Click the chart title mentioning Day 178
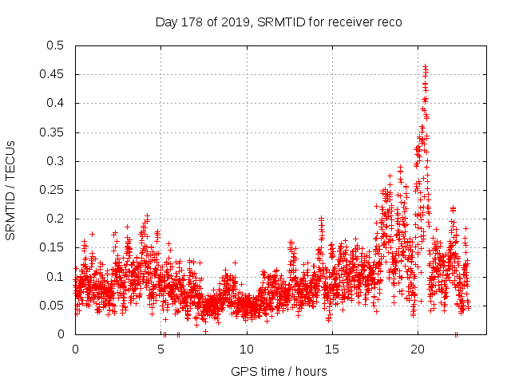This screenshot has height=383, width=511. [x=278, y=22]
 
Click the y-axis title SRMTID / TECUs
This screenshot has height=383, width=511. [x=11, y=190]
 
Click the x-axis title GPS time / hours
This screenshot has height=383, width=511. [x=278, y=371]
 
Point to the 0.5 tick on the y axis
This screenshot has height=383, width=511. [x=55, y=45]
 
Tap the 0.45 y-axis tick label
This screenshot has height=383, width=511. [x=52, y=74]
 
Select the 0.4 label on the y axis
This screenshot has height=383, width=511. [x=55, y=103]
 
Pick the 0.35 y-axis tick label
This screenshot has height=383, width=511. [x=52, y=132]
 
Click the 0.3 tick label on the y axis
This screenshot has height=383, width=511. [x=55, y=161]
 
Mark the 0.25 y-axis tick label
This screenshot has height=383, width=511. [x=52, y=190]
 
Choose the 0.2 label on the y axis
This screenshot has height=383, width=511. [x=55, y=219]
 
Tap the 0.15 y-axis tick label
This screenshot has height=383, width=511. [x=52, y=247]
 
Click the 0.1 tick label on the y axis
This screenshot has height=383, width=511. [x=55, y=277]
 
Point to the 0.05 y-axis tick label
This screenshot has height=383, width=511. [x=52, y=306]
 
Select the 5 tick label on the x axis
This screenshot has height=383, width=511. [x=160, y=349]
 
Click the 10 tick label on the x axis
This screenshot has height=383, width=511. [x=246, y=349]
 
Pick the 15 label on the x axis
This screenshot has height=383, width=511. [x=332, y=349]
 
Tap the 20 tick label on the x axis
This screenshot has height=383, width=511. [x=418, y=349]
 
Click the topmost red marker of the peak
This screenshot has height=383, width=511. [x=425, y=67]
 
